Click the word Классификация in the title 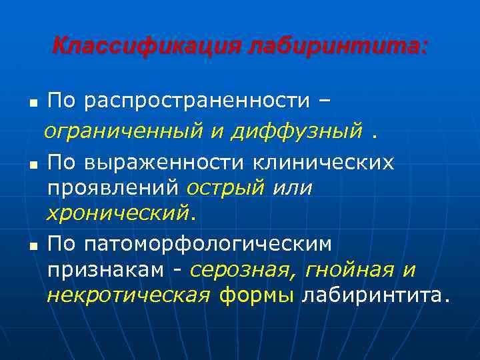(x=147, y=47)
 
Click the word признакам (x=107, y=270)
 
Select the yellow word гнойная (x=351, y=270)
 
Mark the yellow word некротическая (x=129, y=295)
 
